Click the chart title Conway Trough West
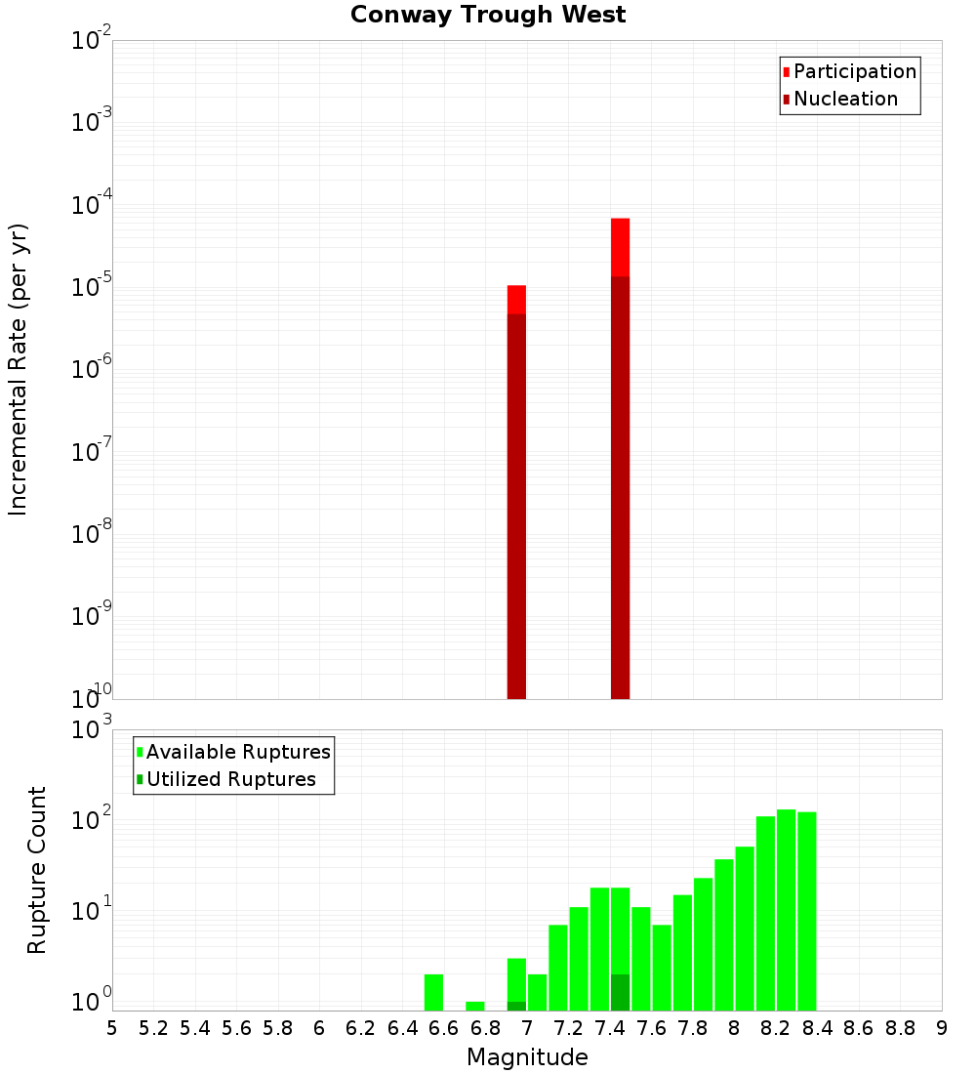click(488, 15)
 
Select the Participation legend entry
click(855, 71)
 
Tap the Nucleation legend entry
click(845, 99)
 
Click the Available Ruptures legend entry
click(238, 752)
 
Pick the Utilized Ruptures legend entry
click(230, 779)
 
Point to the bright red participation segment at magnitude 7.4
click(620, 247)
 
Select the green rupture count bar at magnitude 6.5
click(433, 992)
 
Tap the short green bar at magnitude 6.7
click(475, 1006)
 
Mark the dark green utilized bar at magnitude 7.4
click(620, 992)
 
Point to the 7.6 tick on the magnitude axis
click(651, 1028)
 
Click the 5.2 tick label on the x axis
click(153, 1028)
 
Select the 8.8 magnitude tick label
click(900, 1028)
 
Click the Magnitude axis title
click(527, 1057)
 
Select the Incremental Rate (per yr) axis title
click(19, 369)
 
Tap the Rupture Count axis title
click(37, 869)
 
